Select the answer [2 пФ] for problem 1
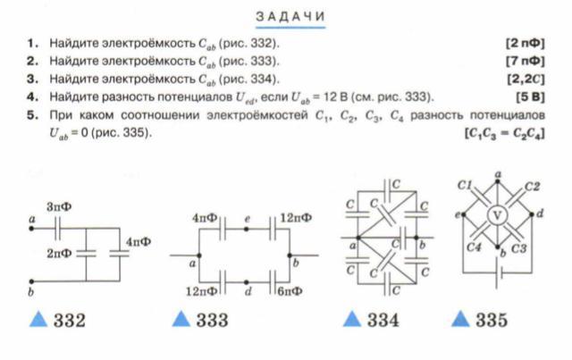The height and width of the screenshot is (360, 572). (525, 43)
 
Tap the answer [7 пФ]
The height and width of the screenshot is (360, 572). (525, 60)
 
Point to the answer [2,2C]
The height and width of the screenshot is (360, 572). (527, 78)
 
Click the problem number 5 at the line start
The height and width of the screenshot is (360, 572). (32, 115)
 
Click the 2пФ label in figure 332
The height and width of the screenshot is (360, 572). (59, 254)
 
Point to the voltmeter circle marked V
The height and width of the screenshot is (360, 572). (497, 215)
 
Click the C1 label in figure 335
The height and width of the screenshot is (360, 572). (465, 185)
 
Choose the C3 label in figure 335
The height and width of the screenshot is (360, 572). (518, 247)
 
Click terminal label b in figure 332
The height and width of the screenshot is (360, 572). (31, 292)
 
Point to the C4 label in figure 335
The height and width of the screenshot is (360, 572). (475, 247)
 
